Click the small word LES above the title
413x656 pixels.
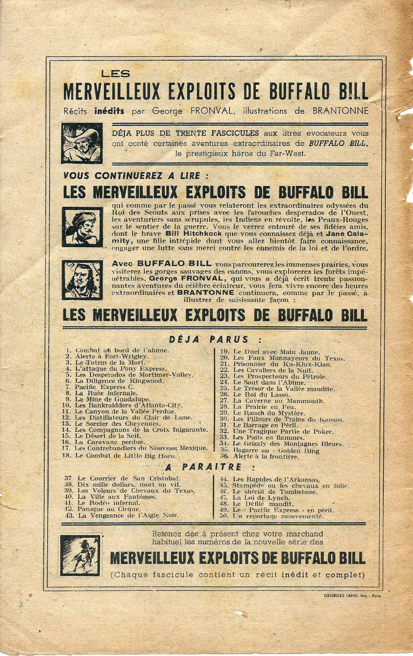click(x=116, y=74)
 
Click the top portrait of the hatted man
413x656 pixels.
click(x=82, y=143)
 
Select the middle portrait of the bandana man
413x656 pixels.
click(x=82, y=227)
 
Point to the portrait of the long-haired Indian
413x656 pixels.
click(x=82, y=280)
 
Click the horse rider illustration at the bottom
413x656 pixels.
click(x=80, y=555)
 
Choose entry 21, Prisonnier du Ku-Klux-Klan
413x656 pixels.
click(x=275, y=364)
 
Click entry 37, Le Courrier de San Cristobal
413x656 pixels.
click(x=122, y=478)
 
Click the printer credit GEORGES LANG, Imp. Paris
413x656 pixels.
click(x=352, y=595)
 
